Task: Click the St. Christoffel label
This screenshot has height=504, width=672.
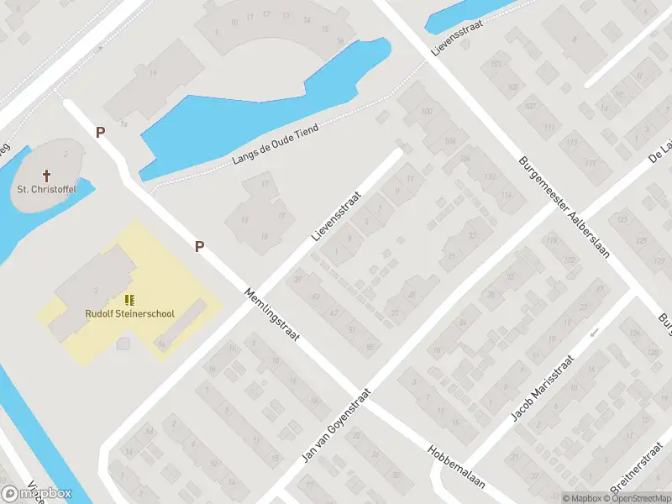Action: point(46,190)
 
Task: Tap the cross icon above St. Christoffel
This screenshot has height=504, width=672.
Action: point(46,176)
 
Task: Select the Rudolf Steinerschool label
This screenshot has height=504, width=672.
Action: point(129,313)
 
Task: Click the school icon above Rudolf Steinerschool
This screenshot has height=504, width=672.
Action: point(129,299)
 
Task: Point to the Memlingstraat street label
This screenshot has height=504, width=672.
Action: point(270,315)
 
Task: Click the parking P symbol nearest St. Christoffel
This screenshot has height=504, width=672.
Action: point(100,132)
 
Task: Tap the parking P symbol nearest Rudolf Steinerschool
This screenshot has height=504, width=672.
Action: point(200,246)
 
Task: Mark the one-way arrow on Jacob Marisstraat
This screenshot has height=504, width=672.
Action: point(594,333)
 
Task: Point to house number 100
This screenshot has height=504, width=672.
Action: point(428,112)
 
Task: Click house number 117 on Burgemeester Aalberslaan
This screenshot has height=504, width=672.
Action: point(590,163)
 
